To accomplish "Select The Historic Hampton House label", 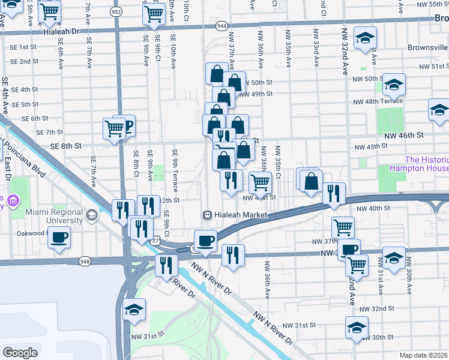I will pos(427,164).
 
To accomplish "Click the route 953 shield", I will pos(115,11).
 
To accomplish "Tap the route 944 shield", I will pos(222,26).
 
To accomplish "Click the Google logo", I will pos(20,352).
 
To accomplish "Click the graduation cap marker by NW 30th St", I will pos(357,328).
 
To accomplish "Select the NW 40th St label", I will pos(374,209).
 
